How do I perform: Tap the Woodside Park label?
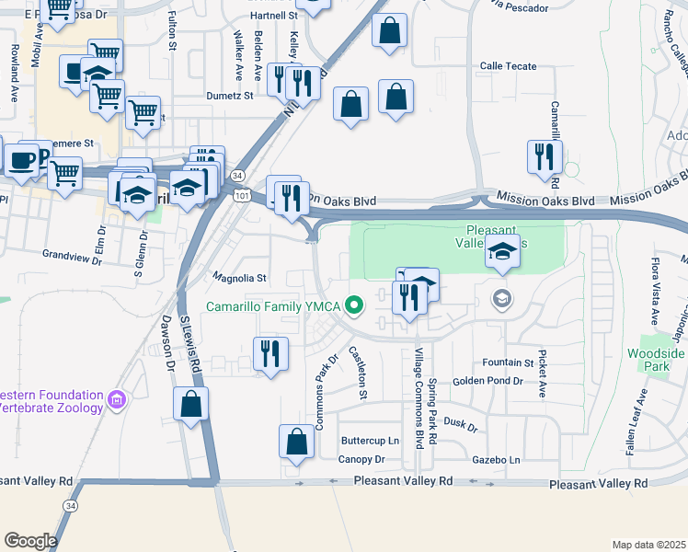(x=656, y=359)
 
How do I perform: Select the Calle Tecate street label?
(x=509, y=66)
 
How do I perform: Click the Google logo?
(x=29, y=540)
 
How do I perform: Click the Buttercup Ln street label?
(x=370, y=441)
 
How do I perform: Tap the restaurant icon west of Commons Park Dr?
(x=269, y=354)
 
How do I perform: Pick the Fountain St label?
(x=515, y=363)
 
